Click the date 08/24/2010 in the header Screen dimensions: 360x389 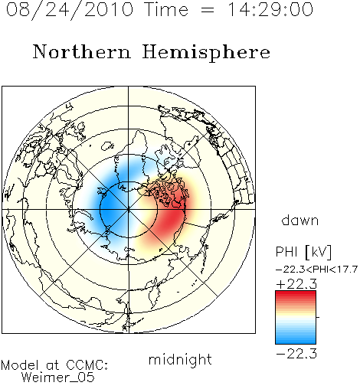coord(70,10)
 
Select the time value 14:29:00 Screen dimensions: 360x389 coord(270,9)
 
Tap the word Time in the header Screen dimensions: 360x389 coord(166,9)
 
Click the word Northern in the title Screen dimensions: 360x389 coord(82,51)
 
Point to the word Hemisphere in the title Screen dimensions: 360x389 coord(206,53)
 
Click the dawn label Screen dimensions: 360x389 coord(299,220)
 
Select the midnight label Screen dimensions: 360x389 coord(180,359)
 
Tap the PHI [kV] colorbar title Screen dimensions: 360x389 coord(303,252)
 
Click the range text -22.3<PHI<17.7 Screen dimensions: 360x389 coord(316,270)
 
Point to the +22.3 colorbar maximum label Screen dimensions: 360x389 coord(296,284)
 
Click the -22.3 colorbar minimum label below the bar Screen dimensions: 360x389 coord(296,354)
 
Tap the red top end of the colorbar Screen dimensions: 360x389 coord(296,294)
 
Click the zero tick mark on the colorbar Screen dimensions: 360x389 coord(318,317)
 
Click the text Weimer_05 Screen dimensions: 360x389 coord(58,378)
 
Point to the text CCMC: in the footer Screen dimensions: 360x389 coord(87,365)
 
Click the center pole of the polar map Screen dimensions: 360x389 coord(129,209)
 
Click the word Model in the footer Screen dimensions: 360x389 coord(20,365)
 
